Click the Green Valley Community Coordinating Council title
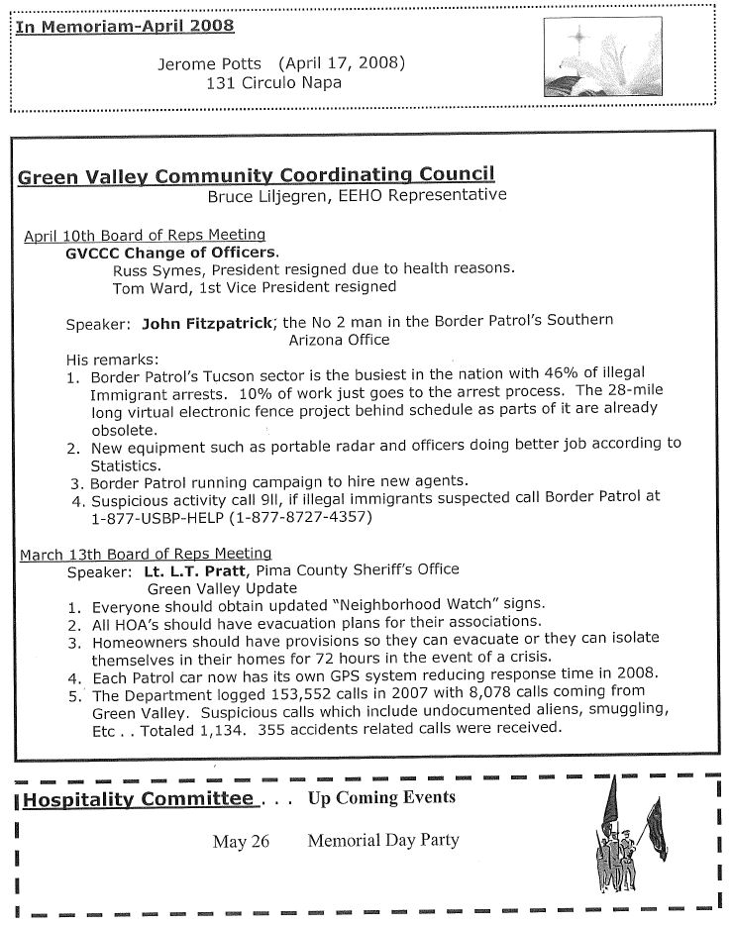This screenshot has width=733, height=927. tap(256, 177)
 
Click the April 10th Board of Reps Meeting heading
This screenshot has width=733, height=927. tap(145, 236)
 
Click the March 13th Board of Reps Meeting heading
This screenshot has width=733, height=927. tap(146, 554)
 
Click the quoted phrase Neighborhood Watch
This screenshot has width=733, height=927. tap(362, 605)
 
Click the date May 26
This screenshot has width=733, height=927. tap(241, 842)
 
